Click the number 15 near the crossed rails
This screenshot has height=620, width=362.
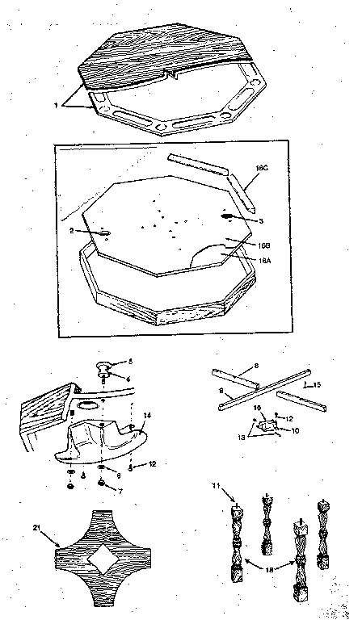(318, 384)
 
